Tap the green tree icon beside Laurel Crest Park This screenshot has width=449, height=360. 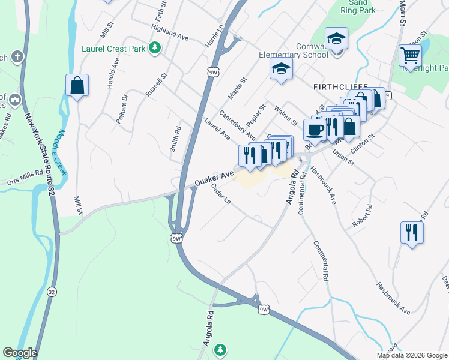tap(155, 47)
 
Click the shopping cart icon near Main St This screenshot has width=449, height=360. tap(410, 56)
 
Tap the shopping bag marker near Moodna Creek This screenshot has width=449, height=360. tap(77, 86)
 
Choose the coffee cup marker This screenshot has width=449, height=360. tap(315, 129)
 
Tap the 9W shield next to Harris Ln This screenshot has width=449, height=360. tap(213, 73)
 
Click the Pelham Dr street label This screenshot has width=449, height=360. tap(122, 108)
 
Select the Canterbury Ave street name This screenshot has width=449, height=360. tap(237, 125)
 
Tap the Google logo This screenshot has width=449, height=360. tap(19, 353)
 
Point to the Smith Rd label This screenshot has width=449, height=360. tap(175, 139)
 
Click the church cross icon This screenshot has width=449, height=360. tap(18, 57)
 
